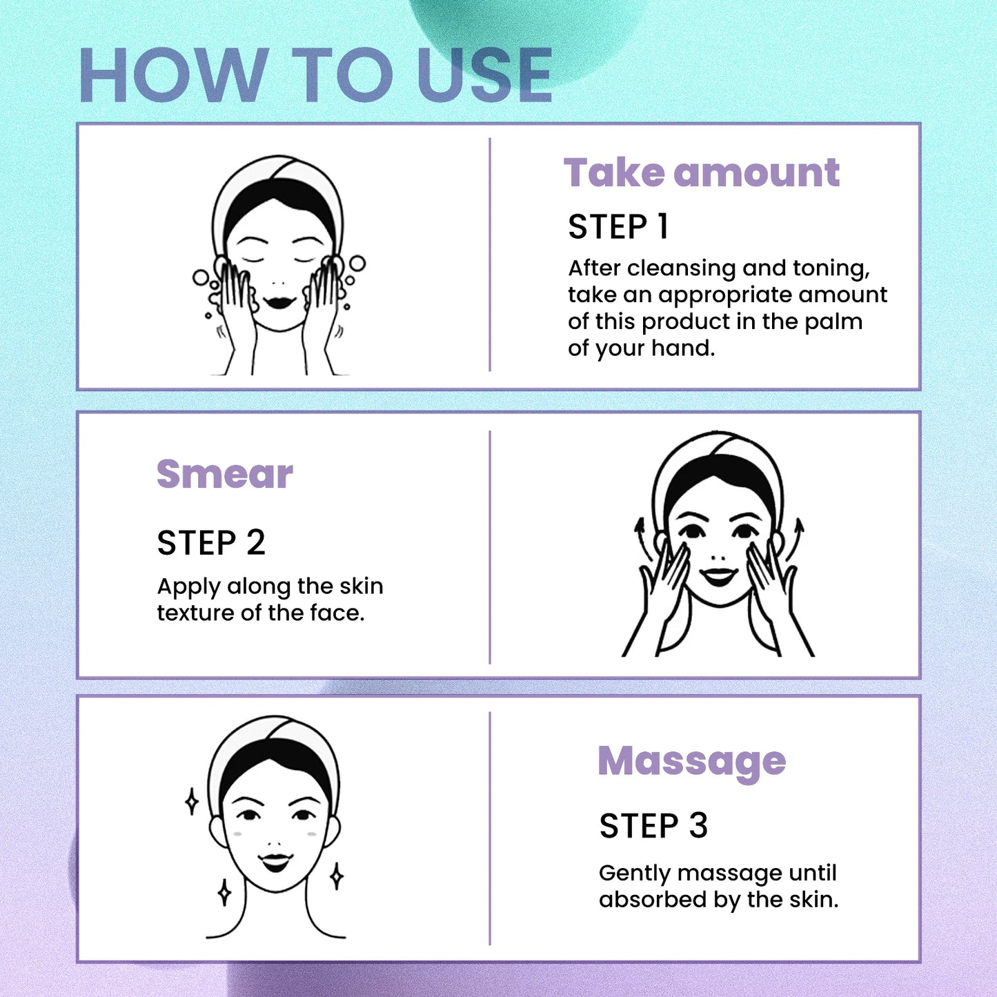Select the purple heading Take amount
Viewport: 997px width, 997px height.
point(701,172)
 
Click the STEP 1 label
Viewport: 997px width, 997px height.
point(618,227)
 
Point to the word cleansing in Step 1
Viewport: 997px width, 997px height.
point(682,268)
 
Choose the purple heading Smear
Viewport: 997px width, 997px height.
point(225,474)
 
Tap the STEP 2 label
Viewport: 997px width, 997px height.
point(210,543)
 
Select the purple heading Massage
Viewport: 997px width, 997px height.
point(691,761)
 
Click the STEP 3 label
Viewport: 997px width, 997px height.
point(653,826)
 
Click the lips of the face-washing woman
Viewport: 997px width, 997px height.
point(280,302)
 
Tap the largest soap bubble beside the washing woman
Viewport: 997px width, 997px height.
point(357,264)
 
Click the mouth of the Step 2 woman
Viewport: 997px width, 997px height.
point(718,575)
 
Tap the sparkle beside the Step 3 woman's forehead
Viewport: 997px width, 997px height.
point(192,802)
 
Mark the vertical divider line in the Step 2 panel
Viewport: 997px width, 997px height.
point(490,546)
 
